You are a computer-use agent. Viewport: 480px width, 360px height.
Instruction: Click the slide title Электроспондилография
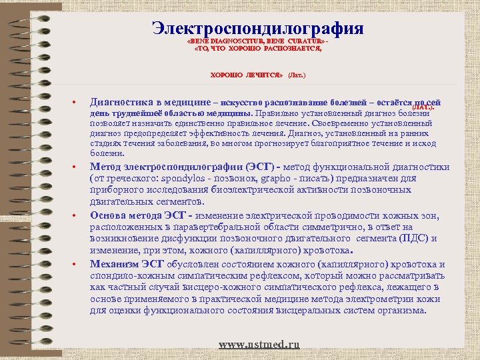click(x=257, y=29)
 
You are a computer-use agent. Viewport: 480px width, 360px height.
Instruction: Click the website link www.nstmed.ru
click(x=259, y=344)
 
